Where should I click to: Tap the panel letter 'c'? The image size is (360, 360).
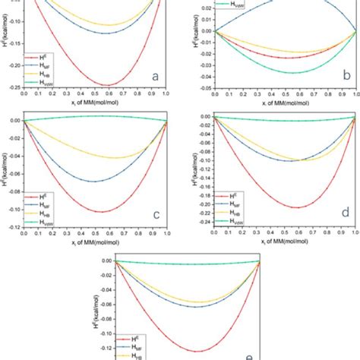(x=155, y=214)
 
